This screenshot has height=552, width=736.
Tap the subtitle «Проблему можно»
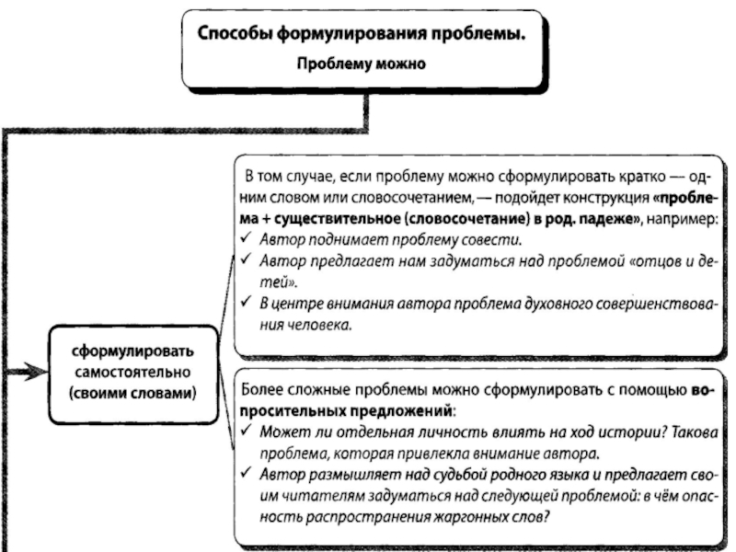point(362,64)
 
